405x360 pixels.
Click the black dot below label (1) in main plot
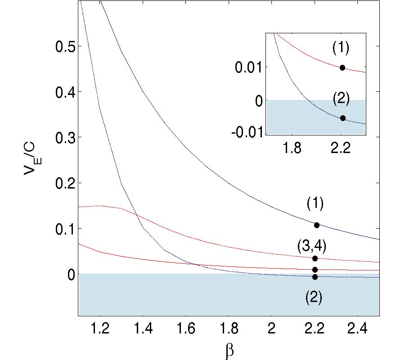click(317, 225)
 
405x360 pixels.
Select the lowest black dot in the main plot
click(315, 277)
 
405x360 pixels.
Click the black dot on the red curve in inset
click(342, 67)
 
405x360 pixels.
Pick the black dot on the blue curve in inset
click(343, 118)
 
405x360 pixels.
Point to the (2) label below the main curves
click(314, 298)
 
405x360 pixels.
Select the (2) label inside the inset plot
click(341, 99)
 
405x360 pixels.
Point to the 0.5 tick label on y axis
click(64, 46)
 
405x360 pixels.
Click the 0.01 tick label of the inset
click(249, 67)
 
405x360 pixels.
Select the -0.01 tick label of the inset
click(247, 133)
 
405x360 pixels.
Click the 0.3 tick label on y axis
click(64, 137)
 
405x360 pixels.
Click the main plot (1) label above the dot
click(315, 203)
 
